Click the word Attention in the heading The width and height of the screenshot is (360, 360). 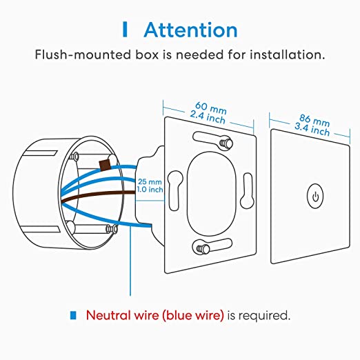pyautogui.click(x=190, y=30)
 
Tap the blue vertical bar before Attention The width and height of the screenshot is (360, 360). pyautogui.click(x=125, y=30)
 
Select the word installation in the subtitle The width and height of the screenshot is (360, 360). pyautogui.click(x=287, y=54)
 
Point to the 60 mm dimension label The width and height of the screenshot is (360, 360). pyautogui.click(x=211, y=108)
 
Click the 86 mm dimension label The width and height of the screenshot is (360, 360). pyautogui.click(x=314, y=120)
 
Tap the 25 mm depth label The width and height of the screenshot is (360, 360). pyautogui.click(x=150, y=182)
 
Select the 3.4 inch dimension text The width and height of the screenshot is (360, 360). pyautogui.click(x=312, y=129)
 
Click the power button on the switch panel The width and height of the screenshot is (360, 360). pyautogui.click(x=315, y=196)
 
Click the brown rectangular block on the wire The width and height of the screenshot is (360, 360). pyautogui.click(x=104, y=165)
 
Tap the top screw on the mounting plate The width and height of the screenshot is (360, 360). pyautogui.click(x=226, y=143)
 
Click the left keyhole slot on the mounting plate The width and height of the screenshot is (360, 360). pyautogui.click(x=175, y=190)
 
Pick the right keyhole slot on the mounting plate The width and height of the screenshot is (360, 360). pyautogui.click(x=247, y=190)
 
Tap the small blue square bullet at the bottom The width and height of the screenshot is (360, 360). pyautogui.click(x=73, y=315)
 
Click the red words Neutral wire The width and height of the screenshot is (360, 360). pyautogui.click(x=122, y=315)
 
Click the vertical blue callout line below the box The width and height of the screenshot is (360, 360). pyautogui.click(x=130, y=260)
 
